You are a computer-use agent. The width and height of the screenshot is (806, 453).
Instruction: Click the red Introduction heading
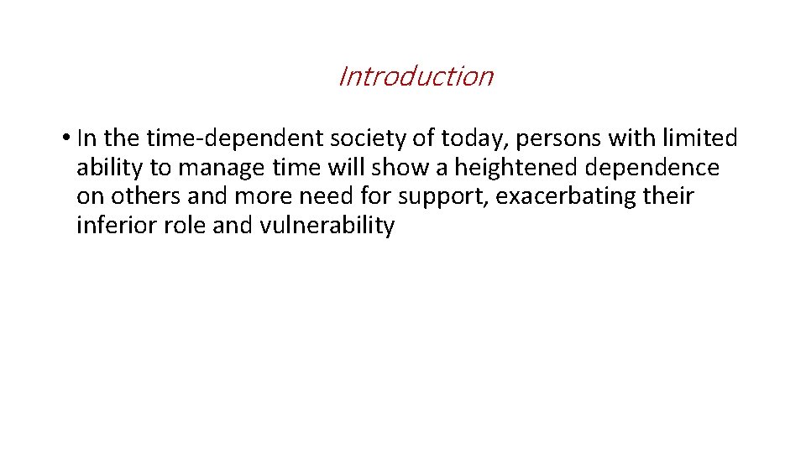(415, 76)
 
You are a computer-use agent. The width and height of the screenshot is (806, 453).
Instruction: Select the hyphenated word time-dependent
(220, 138)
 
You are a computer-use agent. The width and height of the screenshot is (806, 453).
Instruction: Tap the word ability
(110, 168)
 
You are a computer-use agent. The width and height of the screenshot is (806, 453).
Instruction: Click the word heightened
(518, 168)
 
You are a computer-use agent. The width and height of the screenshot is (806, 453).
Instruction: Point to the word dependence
(654, 168)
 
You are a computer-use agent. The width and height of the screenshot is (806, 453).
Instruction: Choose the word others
(143, 197)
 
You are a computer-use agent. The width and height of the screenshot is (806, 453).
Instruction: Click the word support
(444, 197)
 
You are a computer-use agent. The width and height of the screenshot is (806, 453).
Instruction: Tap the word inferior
(111, 226)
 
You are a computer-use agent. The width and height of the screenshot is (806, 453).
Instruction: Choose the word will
(346, 168)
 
